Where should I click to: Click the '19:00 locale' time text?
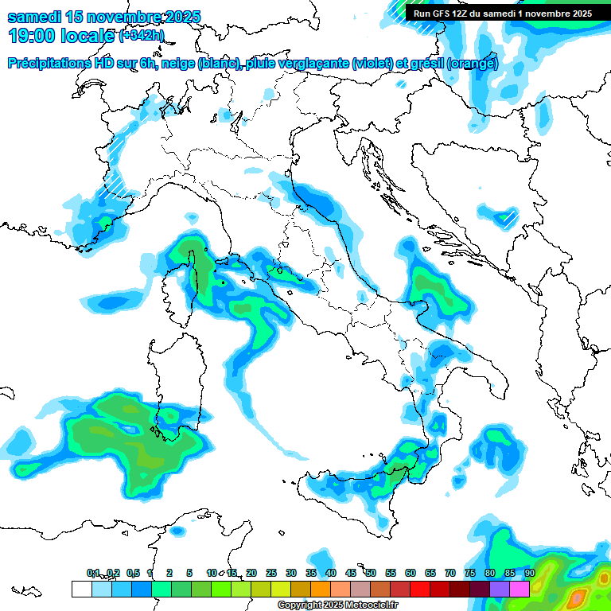tap(60, 36)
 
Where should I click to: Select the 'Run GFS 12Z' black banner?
tap(503, 14)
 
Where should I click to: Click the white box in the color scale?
tap(81, 590)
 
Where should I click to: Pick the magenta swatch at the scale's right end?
tap(520, 590)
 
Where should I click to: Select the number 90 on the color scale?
tap(529, 573)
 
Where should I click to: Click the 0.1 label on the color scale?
tap(92, 573)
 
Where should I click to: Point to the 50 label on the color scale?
tap(370, 573)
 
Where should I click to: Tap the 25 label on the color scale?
tap(270, 573)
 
